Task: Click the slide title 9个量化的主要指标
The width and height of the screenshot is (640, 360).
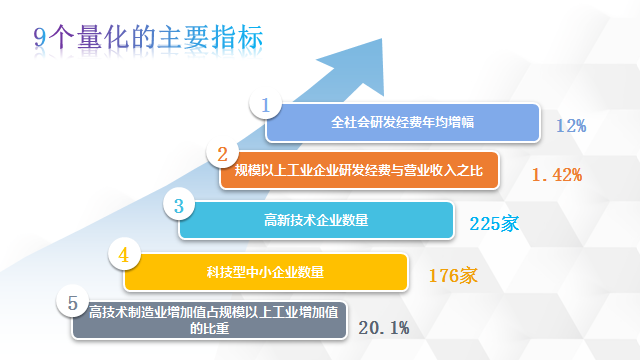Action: point(148,38)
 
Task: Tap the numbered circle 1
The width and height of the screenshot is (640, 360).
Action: point(266,104)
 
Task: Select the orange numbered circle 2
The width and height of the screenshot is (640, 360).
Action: point(222,153)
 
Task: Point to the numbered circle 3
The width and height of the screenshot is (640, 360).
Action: point(179,204)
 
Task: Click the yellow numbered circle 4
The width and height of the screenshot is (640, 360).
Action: point(124,254)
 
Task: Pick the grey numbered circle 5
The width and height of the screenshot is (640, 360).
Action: point(73,302)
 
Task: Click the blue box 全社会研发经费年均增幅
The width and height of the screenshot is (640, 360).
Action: point(402,122)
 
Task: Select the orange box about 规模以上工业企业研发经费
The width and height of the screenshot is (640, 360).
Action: point(359,171)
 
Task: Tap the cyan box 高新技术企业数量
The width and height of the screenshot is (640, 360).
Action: point(316,220)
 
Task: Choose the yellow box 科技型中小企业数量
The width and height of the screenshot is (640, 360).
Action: point(266,272)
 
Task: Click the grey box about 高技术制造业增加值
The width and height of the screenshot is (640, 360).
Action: point(209,320)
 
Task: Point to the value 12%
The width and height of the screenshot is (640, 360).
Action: point(571,126)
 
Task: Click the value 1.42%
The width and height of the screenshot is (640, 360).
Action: point(557,175)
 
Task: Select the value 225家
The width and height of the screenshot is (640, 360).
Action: point(494,224)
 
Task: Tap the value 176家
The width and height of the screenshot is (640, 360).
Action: point(453,276)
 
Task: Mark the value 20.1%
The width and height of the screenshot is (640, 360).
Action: point(384,328)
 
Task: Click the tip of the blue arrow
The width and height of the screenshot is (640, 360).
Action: point(382,39)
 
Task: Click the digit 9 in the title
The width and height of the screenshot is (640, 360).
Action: point(40,38)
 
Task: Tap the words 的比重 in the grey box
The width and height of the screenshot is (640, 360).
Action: point(209,329)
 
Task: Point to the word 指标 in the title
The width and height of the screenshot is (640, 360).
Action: point(237,38)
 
